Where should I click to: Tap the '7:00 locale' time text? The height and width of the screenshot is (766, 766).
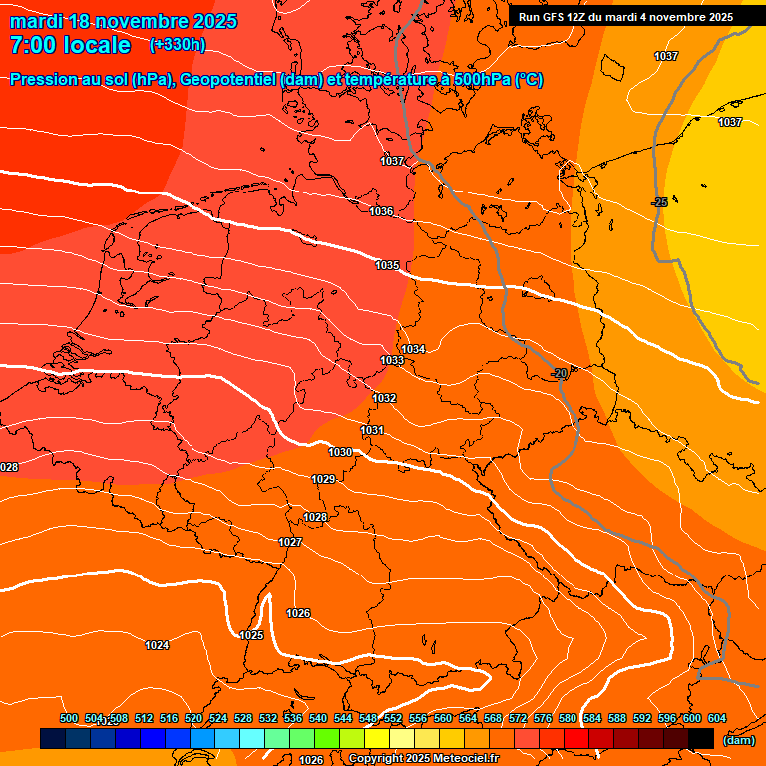pyautogui.click(x=70, y=45)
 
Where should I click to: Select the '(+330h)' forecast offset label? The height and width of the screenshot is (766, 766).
pyautogui.click(x=178, y=45)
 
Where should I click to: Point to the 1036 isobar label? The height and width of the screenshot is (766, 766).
pyautogui.click(x=381, y=212)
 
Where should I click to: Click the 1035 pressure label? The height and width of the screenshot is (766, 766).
pyautogui.click(x=387, y=266)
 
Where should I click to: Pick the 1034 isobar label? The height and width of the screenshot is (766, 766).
pyautogui.click(x=414, y=349)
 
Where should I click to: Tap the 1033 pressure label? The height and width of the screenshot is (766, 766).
pyautogui.click(x=392, y=360)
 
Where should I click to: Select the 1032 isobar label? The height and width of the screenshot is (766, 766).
pyautogui.click(x=384, y=398)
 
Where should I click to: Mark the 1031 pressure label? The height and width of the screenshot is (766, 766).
pyautogui.click(x=372, y=430)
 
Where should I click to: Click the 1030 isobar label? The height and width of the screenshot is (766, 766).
pyautogui.click(x=340, y=452)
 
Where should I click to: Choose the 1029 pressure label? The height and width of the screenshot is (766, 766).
pyautogui.click(x=323, y=480)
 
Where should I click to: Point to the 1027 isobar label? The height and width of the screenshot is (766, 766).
pyautogui.click(x=290, y=542)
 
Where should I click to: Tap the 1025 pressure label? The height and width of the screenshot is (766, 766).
pyautogui.click(x=251, y=635)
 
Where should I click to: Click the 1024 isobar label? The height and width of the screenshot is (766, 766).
pyautogui.click(x=157, y=645)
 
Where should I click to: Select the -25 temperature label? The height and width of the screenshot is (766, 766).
pyautogui.click(x=658, y=203)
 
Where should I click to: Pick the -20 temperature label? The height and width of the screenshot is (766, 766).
pyautogui.click(x=560, y=373)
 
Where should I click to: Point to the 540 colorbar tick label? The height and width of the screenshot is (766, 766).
pyautogui.click(x=318, y=719)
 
